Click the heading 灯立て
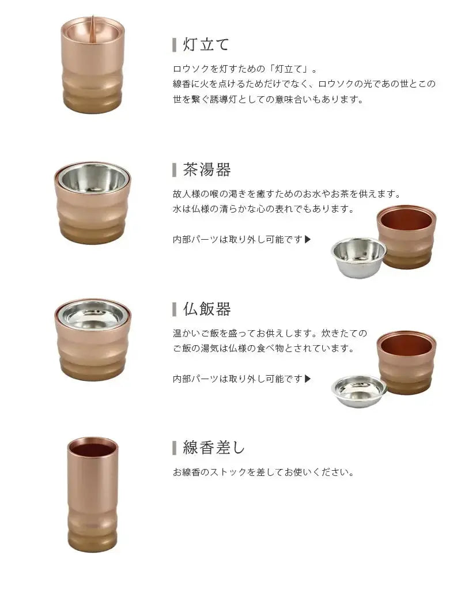[x=206, y=44]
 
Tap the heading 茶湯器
[x=207, y=170]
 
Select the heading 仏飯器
[x=207, y=309]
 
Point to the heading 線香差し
[x=214, y=448]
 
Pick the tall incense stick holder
[x=93, y=495]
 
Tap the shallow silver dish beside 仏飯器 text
[x=359, y=391]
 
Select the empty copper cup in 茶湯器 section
[x=407, y=236]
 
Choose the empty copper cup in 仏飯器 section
[x=407, y=362]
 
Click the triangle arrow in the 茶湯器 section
[x=308, y=240]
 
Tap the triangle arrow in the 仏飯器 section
[x=308, y=379]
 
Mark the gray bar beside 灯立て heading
[x=175, y=45]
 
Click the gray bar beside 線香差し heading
[x=175, y=448]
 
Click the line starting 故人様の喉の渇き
[x=287, y=194]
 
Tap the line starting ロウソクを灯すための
[x=245, y=70]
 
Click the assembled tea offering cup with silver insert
[x=93, y=203]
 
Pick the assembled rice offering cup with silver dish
[x=93, y=339]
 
